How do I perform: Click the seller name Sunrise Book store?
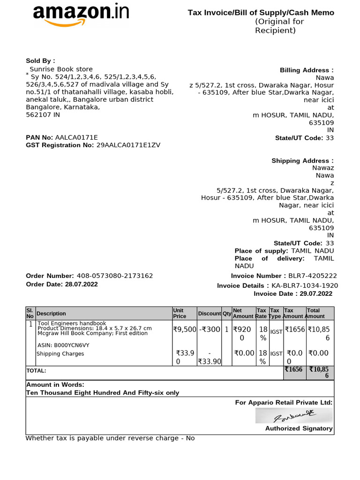[61, 69]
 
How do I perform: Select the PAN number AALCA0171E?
[76, 137]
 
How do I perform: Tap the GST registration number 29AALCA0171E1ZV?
[128, 145]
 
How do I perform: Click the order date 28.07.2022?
[82, 284]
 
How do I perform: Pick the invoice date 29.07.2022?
[314, 293]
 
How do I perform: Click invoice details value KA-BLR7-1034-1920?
[305, 285]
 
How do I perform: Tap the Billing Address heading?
[307, 70]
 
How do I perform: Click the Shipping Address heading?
[302, 161]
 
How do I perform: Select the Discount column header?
[209, 314]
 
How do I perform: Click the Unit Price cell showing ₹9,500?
[184, 330]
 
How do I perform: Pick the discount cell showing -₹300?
[209, 330]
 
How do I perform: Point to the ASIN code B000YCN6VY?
[63, 345]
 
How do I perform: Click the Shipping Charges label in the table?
[60, 354]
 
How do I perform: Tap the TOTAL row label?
[36, 370]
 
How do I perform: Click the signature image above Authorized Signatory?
[294, 415]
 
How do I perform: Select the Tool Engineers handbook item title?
[72, 323]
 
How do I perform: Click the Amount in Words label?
[55, 384]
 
